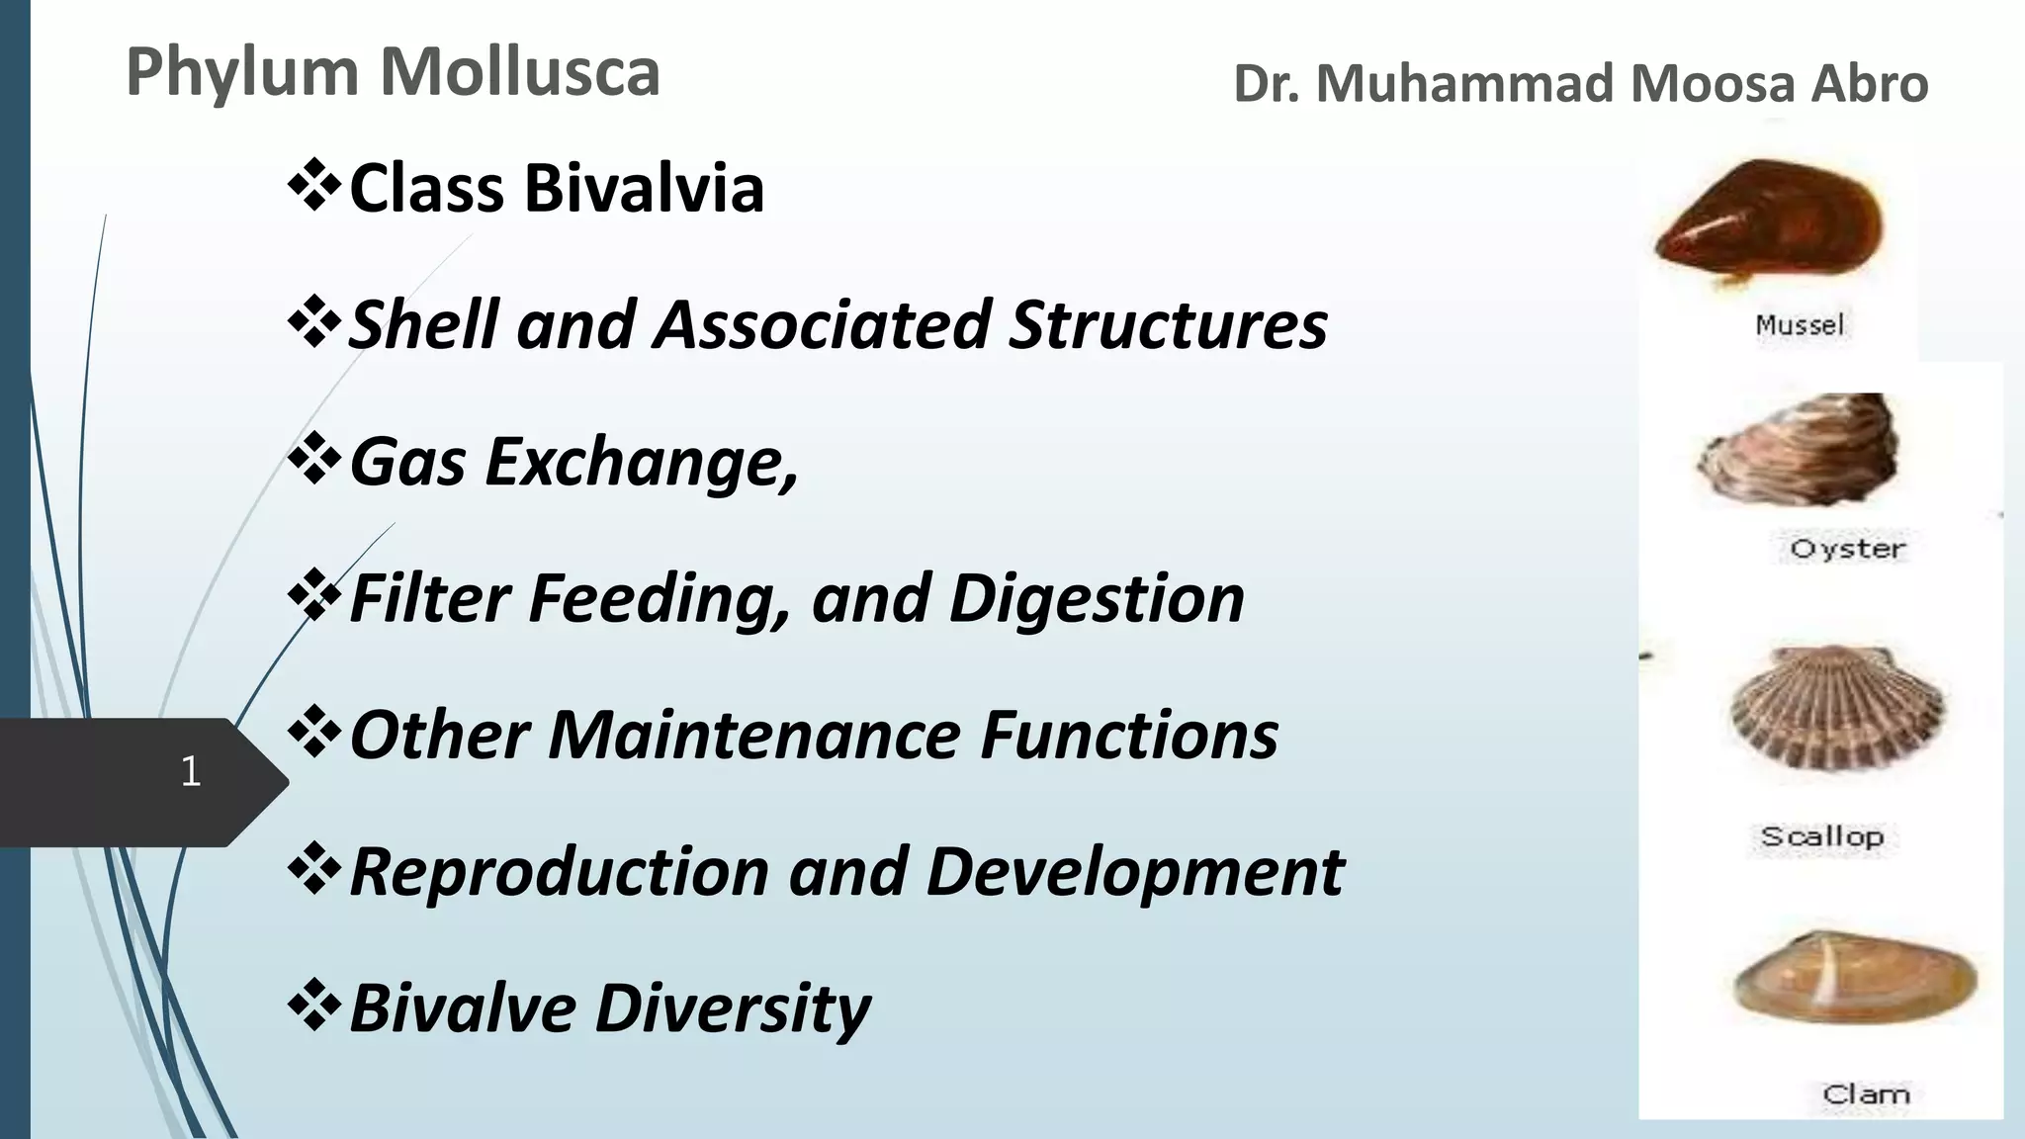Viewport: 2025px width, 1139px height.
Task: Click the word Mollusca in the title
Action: coord(520,72)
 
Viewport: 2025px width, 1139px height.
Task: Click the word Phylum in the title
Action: coord(241,74)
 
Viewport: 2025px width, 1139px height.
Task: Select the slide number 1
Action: coord(191,771)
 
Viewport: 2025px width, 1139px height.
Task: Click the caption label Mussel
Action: coord(1800,325)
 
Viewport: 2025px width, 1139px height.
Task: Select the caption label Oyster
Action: coord(1847,549)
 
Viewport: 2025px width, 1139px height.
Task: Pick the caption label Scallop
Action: coord(1821,836)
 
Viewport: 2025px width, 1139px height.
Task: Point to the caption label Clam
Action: coord(1866,1095)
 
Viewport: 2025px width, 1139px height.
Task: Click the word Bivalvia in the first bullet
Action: coord(645,188)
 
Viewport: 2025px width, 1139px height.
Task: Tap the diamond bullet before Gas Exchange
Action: coord(313,458)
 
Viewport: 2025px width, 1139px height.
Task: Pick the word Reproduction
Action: coord(559,872)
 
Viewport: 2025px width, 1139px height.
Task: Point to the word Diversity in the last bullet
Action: coord(733,1008)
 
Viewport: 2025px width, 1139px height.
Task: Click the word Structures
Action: coord(1168,324)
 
